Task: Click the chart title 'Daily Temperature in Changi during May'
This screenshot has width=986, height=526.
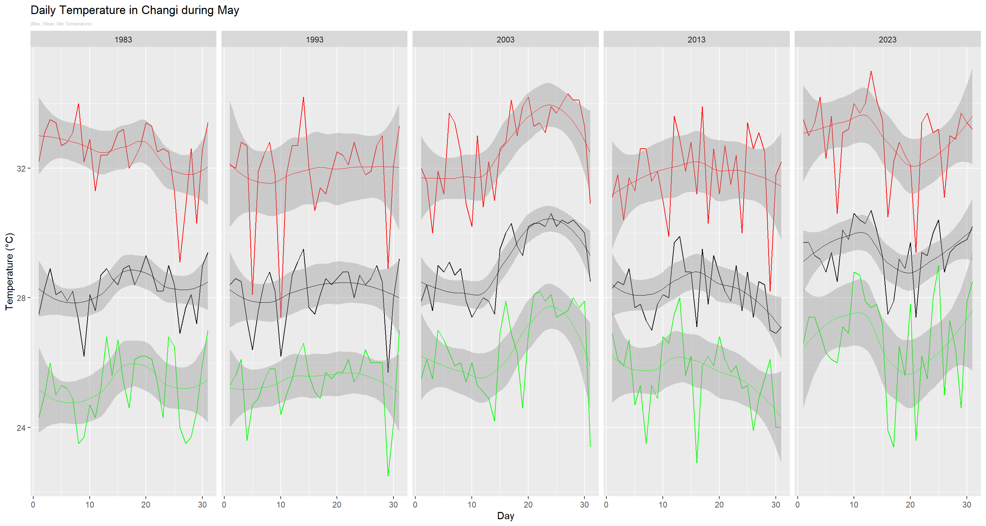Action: point(135,10)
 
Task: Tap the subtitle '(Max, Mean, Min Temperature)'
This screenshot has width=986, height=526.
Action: point(61,24)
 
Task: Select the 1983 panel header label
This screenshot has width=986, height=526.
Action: point(123,39)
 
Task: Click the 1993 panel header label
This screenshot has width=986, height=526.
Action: point(314,39)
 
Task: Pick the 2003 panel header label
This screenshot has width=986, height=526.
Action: point(505,39)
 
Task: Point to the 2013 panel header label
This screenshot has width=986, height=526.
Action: point(696,39)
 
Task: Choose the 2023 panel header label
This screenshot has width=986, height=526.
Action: point(887,39)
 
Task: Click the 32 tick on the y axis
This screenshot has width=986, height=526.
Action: point(21,168)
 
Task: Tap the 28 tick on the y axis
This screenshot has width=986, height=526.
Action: point(21,298)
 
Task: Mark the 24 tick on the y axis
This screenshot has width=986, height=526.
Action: point(21,428)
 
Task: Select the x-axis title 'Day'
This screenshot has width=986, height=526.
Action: point(505,516)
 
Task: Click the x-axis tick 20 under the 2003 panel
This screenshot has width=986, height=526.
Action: point(528,504)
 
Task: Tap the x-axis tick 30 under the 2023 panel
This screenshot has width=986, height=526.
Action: point(966,504)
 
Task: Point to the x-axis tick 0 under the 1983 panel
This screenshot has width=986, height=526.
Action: point(33,504)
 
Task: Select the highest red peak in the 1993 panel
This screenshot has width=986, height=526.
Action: point(303,97)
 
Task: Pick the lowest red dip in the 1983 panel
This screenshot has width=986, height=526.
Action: point(180,262)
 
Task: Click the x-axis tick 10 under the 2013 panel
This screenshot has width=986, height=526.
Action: point(662,504)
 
